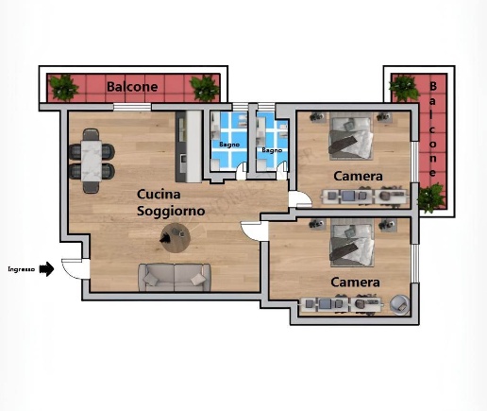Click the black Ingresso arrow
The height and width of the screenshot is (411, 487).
[x=46, y=269]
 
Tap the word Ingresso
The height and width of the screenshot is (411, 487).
[x=22, y=269]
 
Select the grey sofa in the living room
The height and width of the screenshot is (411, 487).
[x=175, y=278]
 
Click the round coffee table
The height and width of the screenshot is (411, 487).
[x=176, y=237]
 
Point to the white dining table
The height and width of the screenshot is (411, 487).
[x=92, y=161]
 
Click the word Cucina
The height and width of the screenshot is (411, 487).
[x=159, y=195]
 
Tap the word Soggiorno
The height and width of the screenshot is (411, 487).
[x=171, y=211]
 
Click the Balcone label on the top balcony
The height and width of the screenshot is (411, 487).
[x=132, y=87]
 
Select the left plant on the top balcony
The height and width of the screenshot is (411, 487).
[x=64, y=88]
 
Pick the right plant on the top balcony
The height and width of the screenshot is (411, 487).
[x=205, y=88]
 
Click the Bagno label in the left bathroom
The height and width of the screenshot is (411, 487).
[x=229, y=145]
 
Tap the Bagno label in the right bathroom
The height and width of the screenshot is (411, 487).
[x=272, y=150]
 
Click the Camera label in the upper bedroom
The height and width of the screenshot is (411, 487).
[x=358, y=176]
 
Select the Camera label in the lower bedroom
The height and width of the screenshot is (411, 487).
[x=355, y=283]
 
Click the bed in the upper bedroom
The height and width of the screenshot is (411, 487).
[x=351, y=136]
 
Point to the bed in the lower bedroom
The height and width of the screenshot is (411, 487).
[x=352, y=243]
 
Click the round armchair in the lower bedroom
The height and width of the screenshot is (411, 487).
[x=400, y=304]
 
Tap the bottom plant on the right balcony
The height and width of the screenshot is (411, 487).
[x=431, y=198]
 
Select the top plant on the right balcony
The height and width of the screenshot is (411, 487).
[x=404, y=88]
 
